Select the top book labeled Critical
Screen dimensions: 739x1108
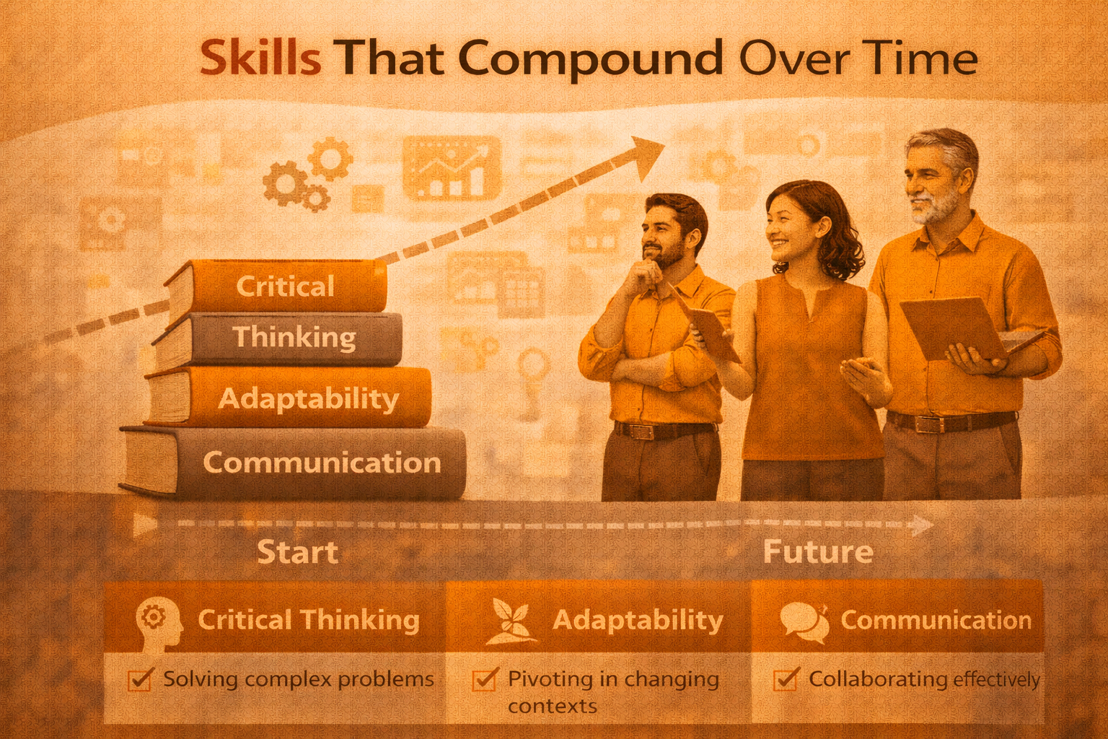tap(284, 287)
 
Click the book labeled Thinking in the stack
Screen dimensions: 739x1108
tap(294, 337)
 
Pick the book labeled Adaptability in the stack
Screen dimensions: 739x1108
tap(308, 398)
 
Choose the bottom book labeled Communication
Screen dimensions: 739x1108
tap(321, 463)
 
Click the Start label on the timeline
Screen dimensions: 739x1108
tap(297, 553)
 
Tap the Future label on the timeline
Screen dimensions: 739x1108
tap(818, 553)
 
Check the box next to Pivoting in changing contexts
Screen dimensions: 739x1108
tap(484, 679)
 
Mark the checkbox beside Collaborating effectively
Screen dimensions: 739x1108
tap(786, 679)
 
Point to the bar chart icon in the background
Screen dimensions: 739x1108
tap(452, 168)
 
